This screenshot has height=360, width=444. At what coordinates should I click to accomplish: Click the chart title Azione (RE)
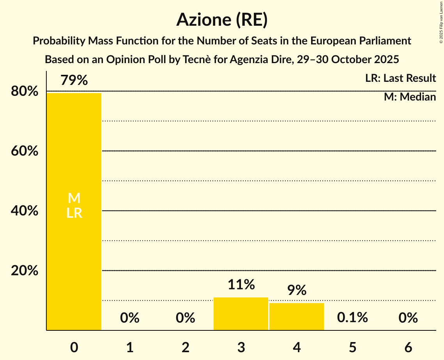[222, 19]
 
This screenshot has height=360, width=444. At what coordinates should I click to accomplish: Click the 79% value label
[74, 81]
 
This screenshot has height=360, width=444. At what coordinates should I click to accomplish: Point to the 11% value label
[241, 285]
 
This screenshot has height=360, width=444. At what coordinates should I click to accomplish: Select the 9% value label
[297, 290]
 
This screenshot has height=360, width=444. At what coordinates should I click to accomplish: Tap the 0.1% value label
[352, 318]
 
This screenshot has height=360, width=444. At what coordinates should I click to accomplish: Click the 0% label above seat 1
[130, 318]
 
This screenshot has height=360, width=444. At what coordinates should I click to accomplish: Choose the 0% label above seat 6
[408, 318]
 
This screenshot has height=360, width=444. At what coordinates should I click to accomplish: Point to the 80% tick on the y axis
[25, 92]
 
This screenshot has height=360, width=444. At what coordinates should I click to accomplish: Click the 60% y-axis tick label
[25, 151]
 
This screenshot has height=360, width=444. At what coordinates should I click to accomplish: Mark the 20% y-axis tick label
[25, 271]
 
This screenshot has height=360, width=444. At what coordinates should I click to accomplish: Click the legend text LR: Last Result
[400, 78]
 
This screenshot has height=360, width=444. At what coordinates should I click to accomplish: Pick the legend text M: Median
[410, 97]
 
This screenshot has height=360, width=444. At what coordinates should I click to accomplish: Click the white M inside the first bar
[74, 198]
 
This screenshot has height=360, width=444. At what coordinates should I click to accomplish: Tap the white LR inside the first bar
[74, 213]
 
